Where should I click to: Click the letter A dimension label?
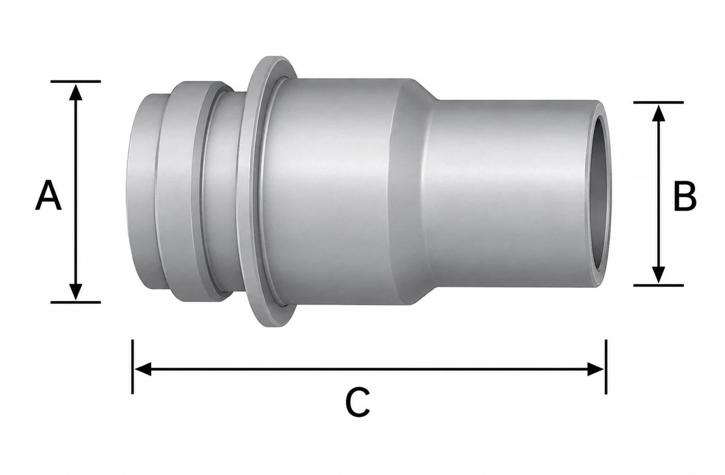pyautogui.click(x=48, y=195)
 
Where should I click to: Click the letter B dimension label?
pyautogui.click(x=685, y=196)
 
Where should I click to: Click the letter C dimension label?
pyautogui.click(x=358, y=402)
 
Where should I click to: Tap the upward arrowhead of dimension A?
pyautogui.click(x=76, y=92)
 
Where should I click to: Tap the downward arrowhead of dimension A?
pyautogui.click(x=76, y=291)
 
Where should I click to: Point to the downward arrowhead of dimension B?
pyautogui.click(x=659, y=274)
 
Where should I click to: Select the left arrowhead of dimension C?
pyautogui.click(x=143, y=369)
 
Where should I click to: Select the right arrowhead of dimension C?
pyautogui.click(x=596, y=369)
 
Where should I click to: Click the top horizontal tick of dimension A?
pyautogui.click(x=76, y=82)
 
